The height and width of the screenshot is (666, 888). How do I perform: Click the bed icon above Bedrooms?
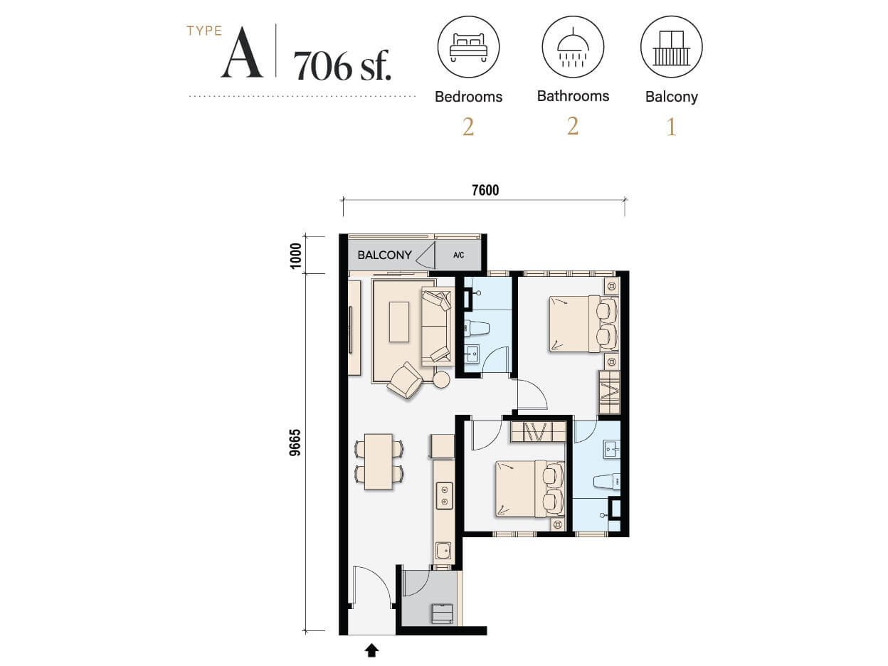(x=467, y=48)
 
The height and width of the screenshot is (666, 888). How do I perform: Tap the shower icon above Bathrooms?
(x=572, y=48)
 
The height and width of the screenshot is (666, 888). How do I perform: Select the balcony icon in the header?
(x=671, y=48)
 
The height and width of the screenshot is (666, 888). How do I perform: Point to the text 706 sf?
(x=342, y=67)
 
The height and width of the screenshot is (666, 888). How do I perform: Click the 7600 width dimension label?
(x=485, y=190)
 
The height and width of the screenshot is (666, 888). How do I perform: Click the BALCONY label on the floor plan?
(x=385, y=255)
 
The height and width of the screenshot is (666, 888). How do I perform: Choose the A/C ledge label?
(x=458, y=255)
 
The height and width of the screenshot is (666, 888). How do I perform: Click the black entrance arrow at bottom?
(x=371, y=650)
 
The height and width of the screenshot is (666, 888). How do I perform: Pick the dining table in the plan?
(x=379, y=461)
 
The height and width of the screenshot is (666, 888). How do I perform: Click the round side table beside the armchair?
(x=441, y=380)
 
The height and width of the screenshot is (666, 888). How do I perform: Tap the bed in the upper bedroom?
(x=575, y=324)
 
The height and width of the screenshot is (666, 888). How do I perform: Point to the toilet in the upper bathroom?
(x=476, y=328)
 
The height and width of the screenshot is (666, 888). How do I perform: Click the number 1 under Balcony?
(x=671, y=127)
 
